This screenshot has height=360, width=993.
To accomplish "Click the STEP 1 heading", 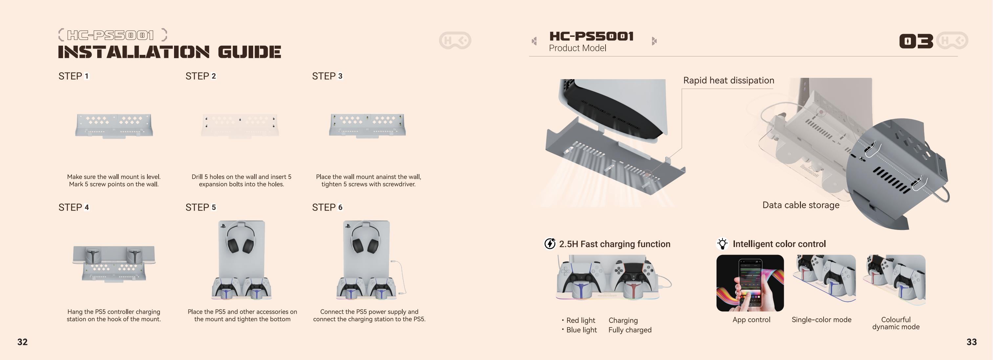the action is click(x=74, y=76).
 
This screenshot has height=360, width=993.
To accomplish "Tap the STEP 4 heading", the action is click(x=74, y=207).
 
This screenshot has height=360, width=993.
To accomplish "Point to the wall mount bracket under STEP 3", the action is click(x=367, y=125).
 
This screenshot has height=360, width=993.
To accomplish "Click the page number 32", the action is click(x=22, y=342).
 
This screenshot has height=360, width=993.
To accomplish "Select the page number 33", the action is click(x=971, y=342).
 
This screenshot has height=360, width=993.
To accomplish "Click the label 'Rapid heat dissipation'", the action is click(x=729, y=80).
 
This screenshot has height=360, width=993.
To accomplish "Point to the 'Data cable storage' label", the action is click(x=801, y=205).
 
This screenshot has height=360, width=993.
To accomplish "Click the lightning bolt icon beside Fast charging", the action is click(x=550, y=244).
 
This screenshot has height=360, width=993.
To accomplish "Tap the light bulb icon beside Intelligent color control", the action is click(x=722, y=244).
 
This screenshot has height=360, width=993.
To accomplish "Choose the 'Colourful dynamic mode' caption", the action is click(x=896, y=323).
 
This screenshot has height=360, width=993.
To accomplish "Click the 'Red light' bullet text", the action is click(x=581, y=320).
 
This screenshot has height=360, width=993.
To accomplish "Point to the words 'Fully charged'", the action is click(x=630, y=330).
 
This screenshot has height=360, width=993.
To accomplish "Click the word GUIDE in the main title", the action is click(x=250, y=52).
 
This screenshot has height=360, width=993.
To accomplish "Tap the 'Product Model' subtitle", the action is click(x=578, y=48).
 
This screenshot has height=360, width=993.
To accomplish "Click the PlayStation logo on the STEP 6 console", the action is click(x=348, y=226).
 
